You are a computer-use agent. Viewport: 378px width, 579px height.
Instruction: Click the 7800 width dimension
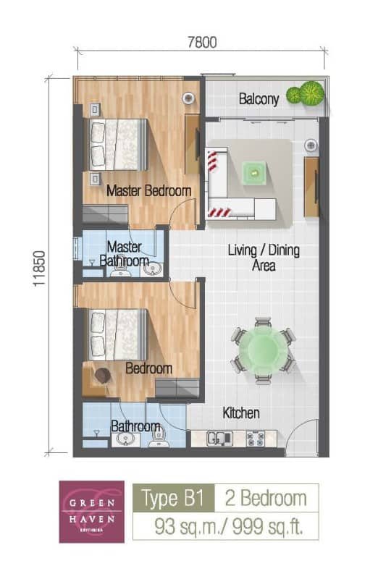click(x=202, y=43)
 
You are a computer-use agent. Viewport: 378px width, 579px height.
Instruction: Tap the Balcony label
click(x=259, y=100)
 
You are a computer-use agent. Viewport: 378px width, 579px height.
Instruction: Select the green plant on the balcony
click(x=306, y=94)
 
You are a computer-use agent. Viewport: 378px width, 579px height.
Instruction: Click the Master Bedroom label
click(x=148, y=191)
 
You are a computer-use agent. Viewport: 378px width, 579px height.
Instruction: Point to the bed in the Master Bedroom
click(x=119, y=143)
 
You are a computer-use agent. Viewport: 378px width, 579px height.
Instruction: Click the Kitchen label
click(x=240, y=413)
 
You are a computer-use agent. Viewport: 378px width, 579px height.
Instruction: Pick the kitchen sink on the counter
click(x=218, y=438)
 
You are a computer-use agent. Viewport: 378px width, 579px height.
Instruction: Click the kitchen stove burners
click(x=256, y=438)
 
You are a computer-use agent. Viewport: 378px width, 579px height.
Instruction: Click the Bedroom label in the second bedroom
click(x=148, y=368)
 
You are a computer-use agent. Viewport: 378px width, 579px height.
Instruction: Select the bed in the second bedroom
click(x=119, y=333)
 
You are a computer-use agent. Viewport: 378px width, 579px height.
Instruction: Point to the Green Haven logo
click(x=91, y=512)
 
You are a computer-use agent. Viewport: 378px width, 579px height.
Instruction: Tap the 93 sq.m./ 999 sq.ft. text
click(x=225, y=525)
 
